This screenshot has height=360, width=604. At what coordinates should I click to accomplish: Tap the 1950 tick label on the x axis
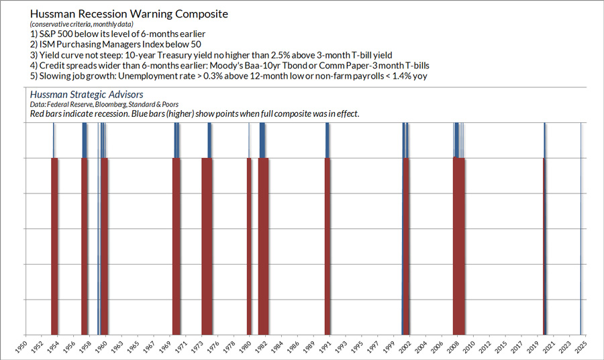tap(21, 346)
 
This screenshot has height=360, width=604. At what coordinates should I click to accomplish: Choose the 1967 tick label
tap(150, 346)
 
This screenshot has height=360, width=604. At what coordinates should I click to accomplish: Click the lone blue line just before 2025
tap(580, 228)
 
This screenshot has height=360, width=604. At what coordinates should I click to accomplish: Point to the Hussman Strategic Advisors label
tap(87, 95)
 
